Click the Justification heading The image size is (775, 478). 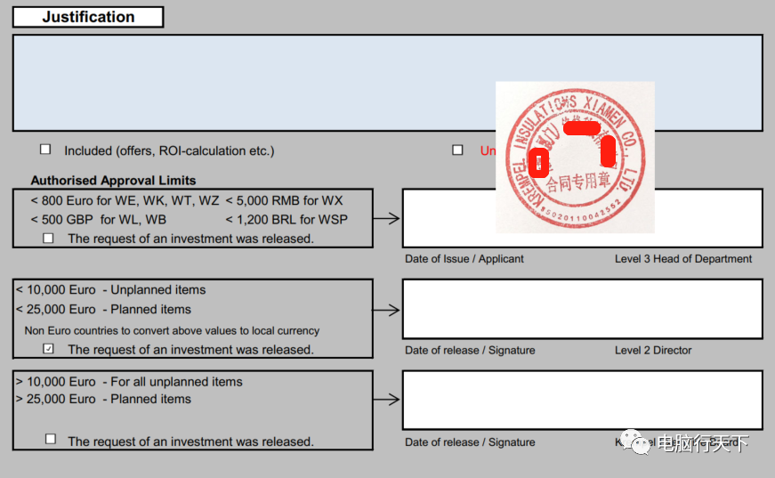(88, 17)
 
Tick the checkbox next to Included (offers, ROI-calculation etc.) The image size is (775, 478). (45, 150)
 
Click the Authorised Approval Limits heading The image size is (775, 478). (113, 180)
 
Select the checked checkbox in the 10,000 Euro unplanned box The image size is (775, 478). (49, 349)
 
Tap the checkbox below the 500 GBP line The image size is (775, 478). (48, 238)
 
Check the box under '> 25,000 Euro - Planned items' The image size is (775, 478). (51, 439)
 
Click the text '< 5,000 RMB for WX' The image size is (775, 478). (284, 200)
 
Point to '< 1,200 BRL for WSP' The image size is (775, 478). (287, 219)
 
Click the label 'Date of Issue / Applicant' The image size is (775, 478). (464, 259)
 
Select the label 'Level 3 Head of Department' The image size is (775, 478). (683, 259)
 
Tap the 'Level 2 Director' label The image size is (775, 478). (653, 350)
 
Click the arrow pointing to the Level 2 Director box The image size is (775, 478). (386, 310)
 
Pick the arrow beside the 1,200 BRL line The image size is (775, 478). (386, 218)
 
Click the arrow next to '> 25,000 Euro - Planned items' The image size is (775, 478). (386, 400)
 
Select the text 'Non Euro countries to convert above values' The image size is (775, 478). (172, 330)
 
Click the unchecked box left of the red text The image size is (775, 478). (457, 150)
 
